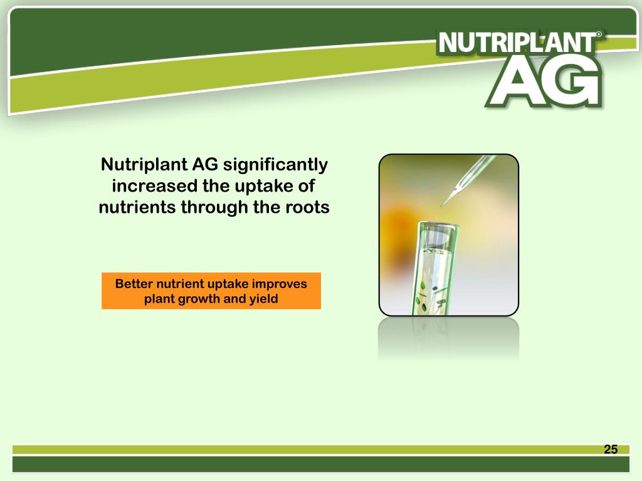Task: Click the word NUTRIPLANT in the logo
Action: click(x=517, y=43)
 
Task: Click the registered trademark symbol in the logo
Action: click(x=600, y=35)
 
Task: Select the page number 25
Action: click(x=611, y=449)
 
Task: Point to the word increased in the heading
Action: click(x=146, y=186)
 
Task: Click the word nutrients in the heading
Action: click(x=137, y=207)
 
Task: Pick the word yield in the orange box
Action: click(x=263, y=299)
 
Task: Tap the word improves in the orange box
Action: click(x=280, y=284)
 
